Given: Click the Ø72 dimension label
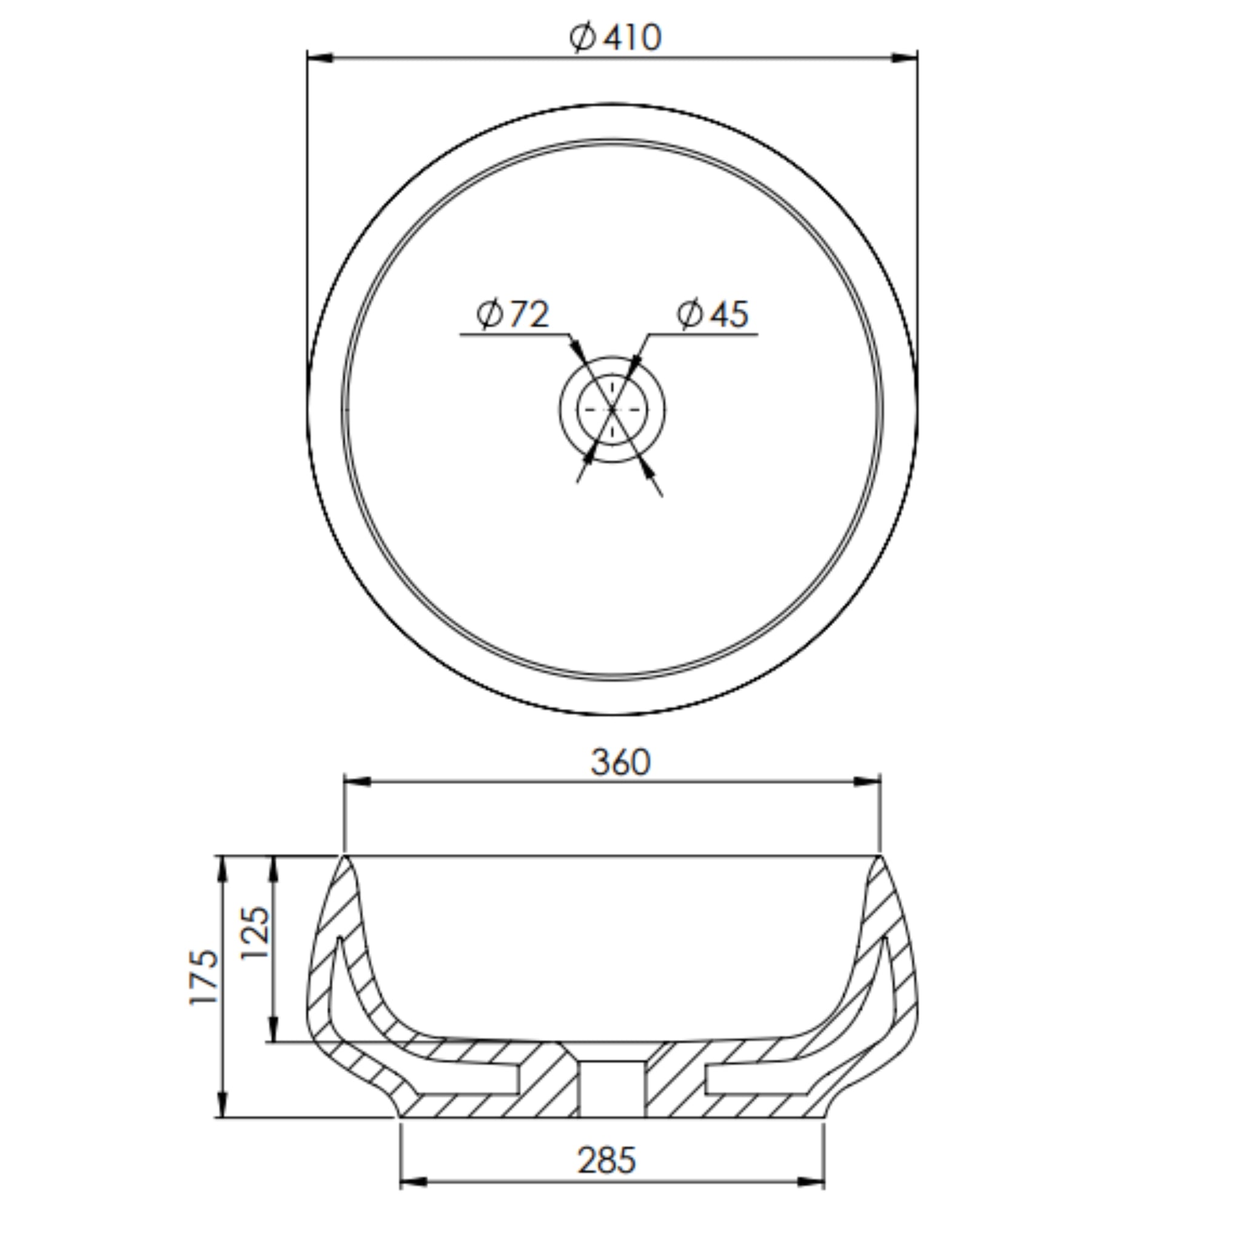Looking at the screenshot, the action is (x=513, y=314).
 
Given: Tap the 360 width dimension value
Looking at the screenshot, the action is (x=620, y=762).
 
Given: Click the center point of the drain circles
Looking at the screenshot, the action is (x=612, y=409).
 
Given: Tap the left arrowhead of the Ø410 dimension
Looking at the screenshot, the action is (x=320, y=58).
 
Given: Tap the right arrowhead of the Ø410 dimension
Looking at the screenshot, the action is (x=904, y=58).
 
